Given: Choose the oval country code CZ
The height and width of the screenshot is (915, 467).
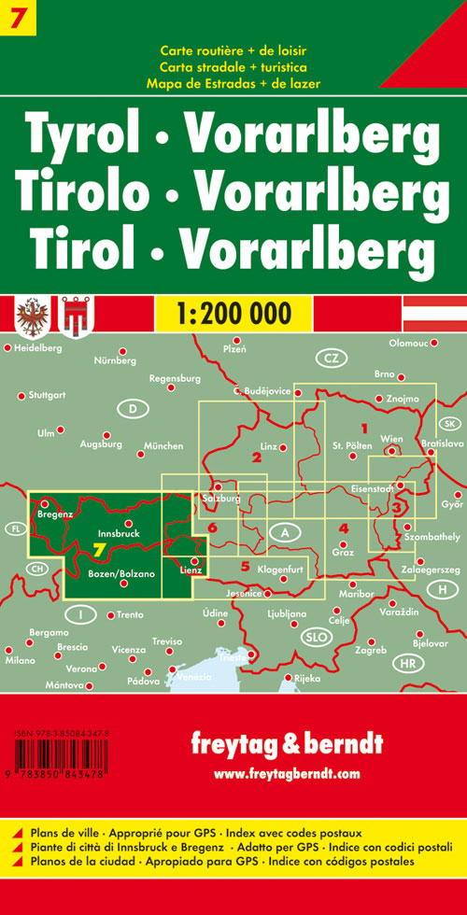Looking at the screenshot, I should tap(330, 359).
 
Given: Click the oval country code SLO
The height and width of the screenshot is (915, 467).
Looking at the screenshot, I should tap(314, 636).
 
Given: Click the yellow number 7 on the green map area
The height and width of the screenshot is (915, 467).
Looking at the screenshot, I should tap(98, 549).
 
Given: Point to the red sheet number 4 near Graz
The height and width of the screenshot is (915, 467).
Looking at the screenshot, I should tap(344, 528).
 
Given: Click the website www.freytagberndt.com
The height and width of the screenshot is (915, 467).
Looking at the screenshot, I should tap(286, 773).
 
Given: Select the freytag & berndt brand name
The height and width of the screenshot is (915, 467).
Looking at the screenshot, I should tap(286, 745).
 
